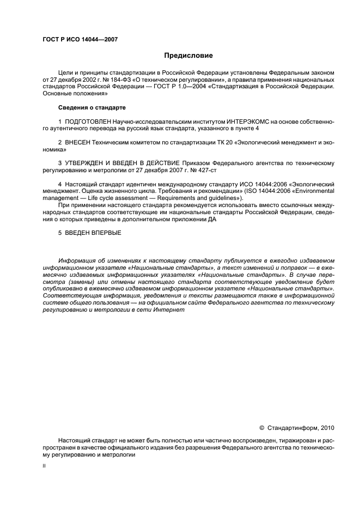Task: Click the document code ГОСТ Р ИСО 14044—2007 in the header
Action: coord(80,39)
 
